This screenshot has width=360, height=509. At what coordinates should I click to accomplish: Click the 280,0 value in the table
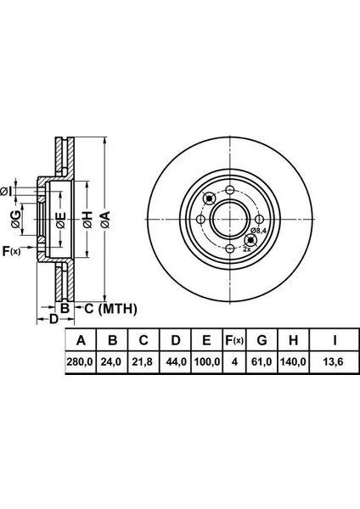pyautogui.click(x=80, y=361)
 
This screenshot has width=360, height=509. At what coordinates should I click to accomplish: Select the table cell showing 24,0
pyautogui.click(x=111, y=361)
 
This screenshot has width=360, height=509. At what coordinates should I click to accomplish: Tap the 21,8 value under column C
pyautogui.click(x=143, y=361)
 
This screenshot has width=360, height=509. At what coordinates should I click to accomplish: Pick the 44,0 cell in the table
pyautogui.click(x=176, y=361)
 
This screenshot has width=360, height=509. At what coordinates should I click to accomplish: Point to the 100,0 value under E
pyautogui.click(x=207, y=361)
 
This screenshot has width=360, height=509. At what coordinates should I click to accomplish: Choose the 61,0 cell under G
pyautogui.click(x=262, y=361)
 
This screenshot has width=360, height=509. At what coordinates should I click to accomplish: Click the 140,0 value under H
pyautogui.click(x=293, y=361)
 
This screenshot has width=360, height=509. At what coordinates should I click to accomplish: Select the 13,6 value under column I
pyautogui.click(x=334, y=361)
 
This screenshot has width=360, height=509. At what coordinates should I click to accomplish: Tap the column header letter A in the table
pyautogui.click(x=81, y=340)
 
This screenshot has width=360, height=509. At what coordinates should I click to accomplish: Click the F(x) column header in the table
pyautogui.click(x=234, y=340)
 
